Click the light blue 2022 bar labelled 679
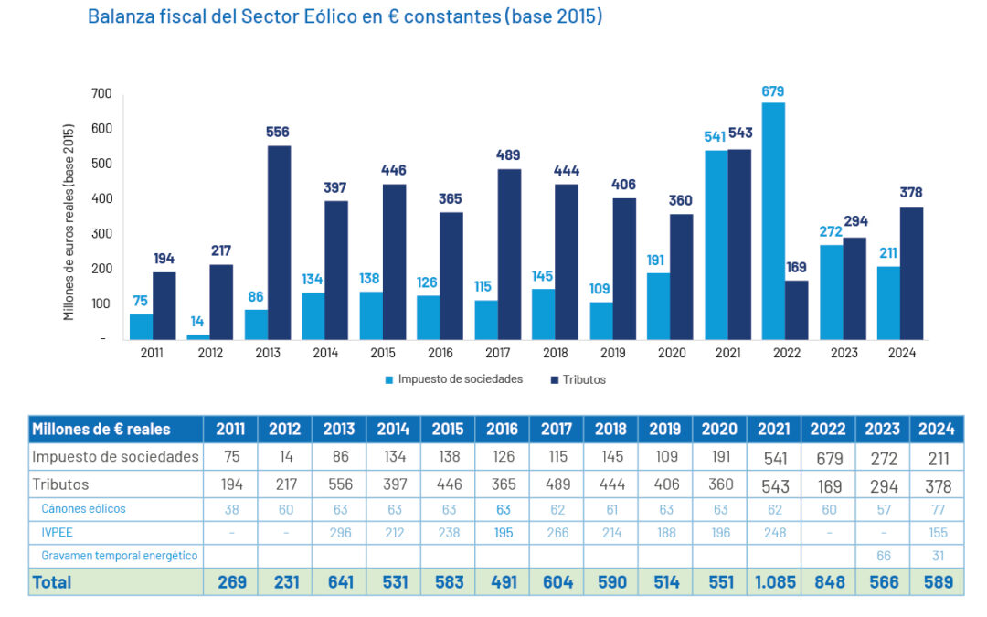773,220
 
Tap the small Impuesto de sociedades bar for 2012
198,336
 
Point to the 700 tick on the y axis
101,93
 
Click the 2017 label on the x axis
496,353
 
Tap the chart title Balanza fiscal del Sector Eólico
345,17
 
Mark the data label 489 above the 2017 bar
509,155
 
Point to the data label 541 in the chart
715,136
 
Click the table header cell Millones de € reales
115,429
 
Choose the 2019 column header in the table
665,429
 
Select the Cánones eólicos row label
83,508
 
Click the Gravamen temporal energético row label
119,555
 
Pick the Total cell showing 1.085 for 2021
773,581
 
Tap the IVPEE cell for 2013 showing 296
339,532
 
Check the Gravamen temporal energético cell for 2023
882,555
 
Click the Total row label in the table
52,581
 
